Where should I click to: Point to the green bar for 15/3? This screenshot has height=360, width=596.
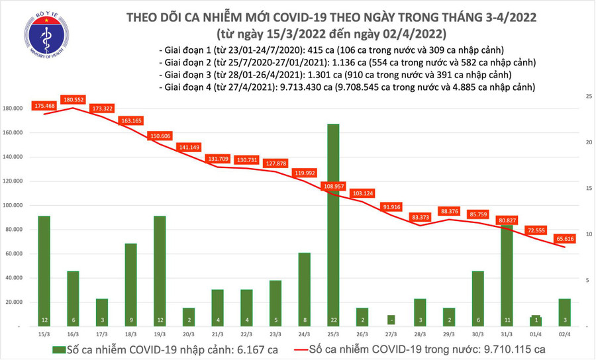point(44,271)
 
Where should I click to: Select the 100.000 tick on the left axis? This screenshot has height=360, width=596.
point(14,205)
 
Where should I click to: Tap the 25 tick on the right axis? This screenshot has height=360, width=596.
point(587,97)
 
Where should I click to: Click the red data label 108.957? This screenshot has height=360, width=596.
point(334,187)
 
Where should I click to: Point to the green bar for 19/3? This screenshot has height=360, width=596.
point(160,271)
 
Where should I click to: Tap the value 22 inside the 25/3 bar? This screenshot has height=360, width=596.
point(333,319)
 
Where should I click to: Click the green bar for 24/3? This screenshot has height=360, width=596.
point(304,290)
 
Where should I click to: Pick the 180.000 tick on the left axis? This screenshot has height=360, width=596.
point(14,109)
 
